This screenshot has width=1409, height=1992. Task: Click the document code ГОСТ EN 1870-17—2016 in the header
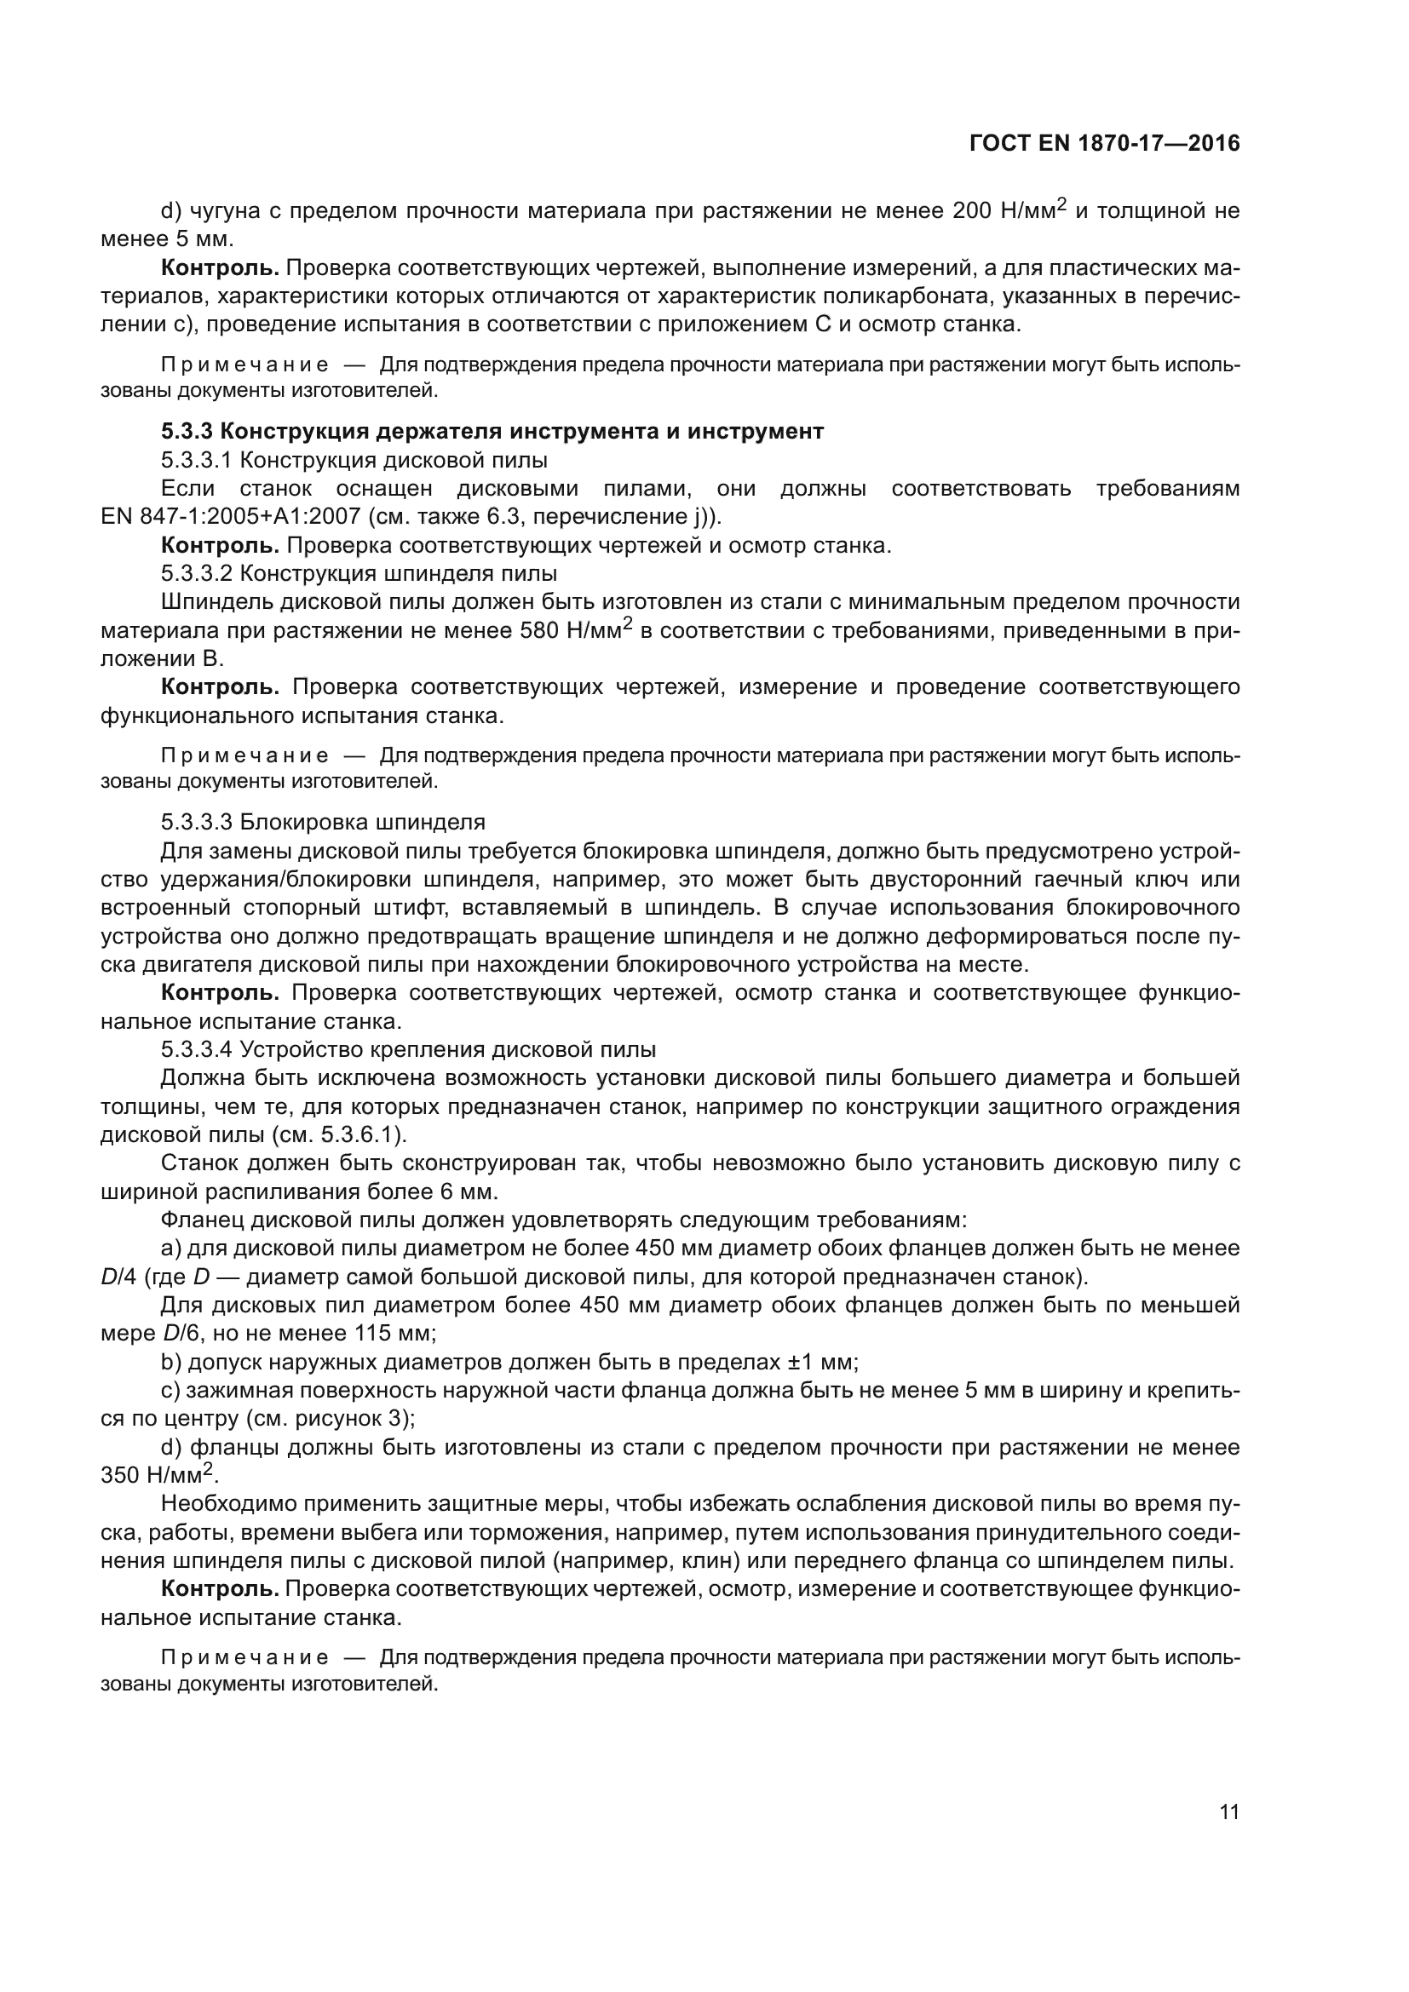click(x=1103, y=144)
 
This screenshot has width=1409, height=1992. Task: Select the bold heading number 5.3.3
click(x=185, y=431)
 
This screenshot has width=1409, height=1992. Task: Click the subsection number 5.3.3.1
click(x=197, y=460)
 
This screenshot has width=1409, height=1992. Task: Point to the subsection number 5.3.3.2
click(x=197, y=573)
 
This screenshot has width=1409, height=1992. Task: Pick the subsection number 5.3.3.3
click(x=197, y=822)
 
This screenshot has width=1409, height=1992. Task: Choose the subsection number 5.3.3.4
click(x=197, y=1049)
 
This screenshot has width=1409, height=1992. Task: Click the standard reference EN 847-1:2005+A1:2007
click(x=230, y=517)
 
